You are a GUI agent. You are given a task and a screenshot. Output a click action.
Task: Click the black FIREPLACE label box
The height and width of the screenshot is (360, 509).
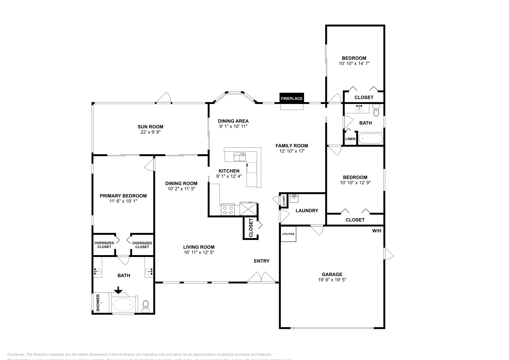[x=291, y=98]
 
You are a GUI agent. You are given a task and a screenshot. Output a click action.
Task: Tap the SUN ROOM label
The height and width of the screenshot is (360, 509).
[x=150, y=127]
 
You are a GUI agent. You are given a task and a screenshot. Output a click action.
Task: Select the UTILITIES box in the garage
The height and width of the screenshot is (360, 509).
[x=288, y=234]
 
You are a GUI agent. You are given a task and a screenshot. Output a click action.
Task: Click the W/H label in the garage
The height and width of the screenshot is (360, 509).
[x=376, y=231]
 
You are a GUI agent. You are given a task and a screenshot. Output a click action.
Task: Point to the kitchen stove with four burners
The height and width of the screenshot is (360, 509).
[x=227, y=210]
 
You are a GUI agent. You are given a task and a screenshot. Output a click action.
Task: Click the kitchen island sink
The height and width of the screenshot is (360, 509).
[x=240, y=157]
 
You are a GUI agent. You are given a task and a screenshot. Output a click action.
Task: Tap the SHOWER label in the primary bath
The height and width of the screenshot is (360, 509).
[x=98, y=303]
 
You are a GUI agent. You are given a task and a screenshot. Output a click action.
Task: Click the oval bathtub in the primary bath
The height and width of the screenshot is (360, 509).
[x=123, y=305]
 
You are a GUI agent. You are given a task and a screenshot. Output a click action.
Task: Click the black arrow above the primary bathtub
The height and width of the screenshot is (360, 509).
[x=118, y=290]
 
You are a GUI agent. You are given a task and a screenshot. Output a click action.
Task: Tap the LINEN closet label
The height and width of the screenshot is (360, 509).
[x=350, y=139]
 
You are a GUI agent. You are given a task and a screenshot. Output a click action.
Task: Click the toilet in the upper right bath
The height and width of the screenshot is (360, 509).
[x=376, y=111]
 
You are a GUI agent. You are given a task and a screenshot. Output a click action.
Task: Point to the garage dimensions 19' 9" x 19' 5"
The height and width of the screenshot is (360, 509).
[x=332, y=280]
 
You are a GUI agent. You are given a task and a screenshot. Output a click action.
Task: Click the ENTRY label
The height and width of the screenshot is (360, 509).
[x=261, y=261]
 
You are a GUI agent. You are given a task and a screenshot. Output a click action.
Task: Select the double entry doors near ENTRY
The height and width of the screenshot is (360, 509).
[x=261, y=278]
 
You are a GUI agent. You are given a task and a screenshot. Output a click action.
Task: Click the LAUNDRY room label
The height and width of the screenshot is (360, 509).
[x=307, y=211]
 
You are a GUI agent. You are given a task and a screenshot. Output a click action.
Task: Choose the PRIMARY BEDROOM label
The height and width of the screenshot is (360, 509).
[x=123, y=196]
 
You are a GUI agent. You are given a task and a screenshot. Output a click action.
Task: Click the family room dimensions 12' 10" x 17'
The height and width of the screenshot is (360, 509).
[x=292, y=151]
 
